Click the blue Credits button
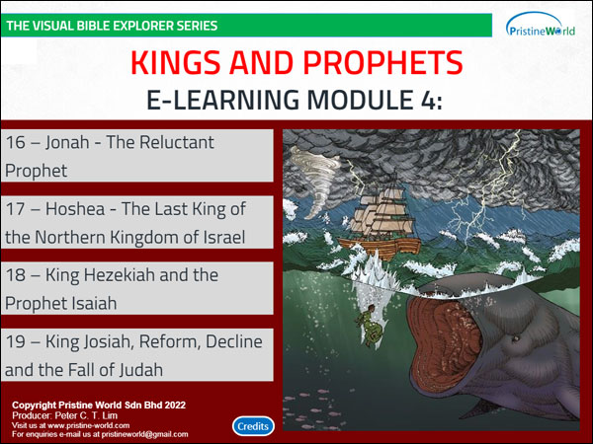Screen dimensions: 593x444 click(x=253, y=426)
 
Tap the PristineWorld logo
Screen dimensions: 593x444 click(x=541, y=25)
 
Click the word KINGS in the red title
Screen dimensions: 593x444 click(x=176, y=63)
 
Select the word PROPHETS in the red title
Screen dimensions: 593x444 click(x=382, y=63)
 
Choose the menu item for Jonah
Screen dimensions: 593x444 click(x=137, y=156)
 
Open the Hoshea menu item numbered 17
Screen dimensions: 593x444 click(x=137, y=222)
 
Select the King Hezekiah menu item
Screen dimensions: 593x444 click(x=137, y=288)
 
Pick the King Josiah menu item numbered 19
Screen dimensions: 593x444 click(x=137, y=355)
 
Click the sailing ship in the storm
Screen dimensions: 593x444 click(x=380, y=222)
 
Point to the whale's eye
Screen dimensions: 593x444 click(x=515, y=337)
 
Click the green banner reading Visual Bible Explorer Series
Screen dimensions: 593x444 click(x=246, y=26)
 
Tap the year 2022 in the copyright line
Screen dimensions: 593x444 click(x=175, y=406)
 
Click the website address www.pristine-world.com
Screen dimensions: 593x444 click(x=89, y=425)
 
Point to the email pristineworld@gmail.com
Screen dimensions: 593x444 click(x=144, y=434)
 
